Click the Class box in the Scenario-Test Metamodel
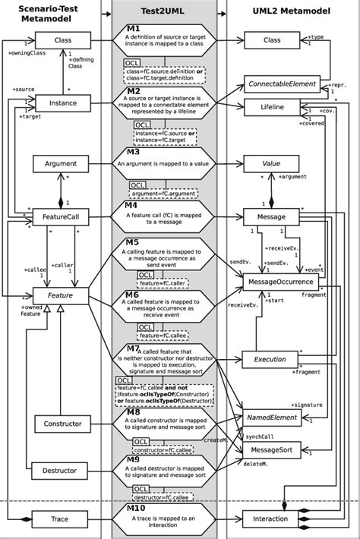pyautogui.click(x=64, y=39)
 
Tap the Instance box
pyautogui.click(x=64, y=102)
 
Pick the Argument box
pyautogui.click(x=61, y=164)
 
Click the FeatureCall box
pyautogui.click(x=61, y=218)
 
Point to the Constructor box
pyautogui.click(x=62, y=423)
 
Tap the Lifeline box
pyautogui.click(x=271, y=108)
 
